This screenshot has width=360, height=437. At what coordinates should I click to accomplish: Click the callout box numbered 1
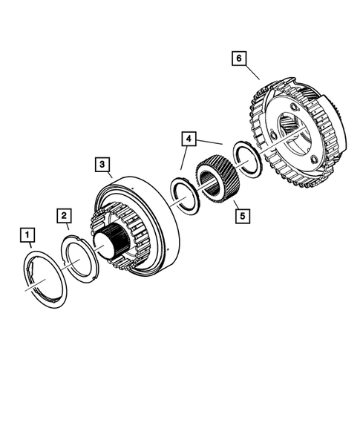pos(27,237)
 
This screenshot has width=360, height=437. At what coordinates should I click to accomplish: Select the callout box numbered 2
pos(65,216)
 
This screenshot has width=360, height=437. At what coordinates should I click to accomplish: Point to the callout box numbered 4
pos(189,139)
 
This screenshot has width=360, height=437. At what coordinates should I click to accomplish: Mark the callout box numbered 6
pos(239,56)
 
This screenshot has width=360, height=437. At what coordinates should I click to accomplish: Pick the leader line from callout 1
pos(30,248)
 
